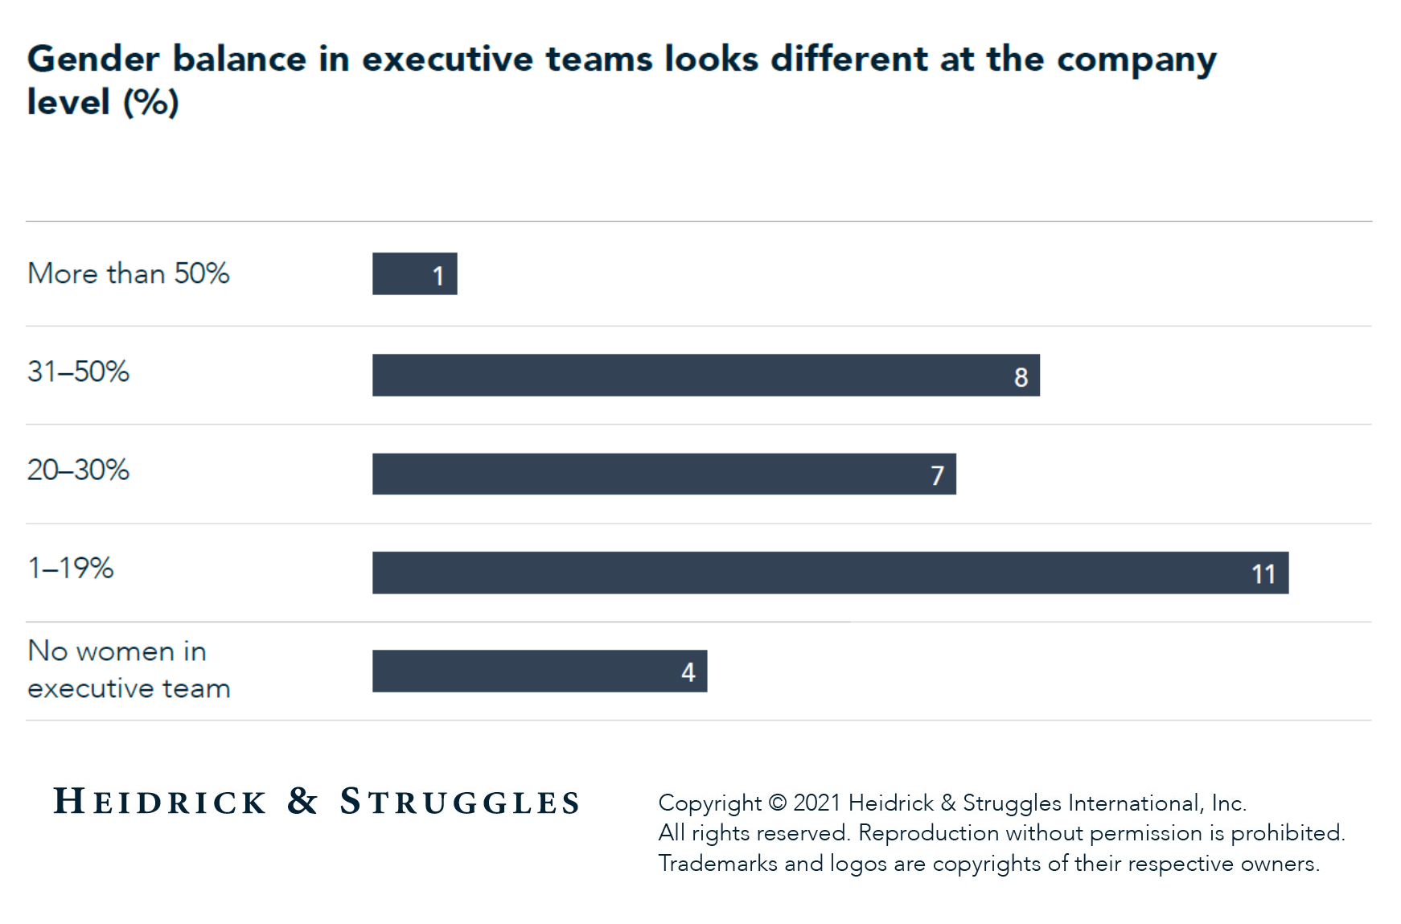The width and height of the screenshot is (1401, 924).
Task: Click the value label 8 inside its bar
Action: pos(1021,376)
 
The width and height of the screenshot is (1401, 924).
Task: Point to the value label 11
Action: pos(1263,574)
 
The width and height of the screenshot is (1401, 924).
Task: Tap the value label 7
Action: pos(937,475)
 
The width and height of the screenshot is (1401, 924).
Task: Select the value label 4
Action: pos(688,672)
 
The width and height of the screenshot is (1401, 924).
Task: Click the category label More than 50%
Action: pos(129,273)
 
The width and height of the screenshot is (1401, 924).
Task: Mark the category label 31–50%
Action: pos(78,372)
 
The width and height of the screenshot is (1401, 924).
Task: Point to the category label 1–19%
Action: pos(71,568)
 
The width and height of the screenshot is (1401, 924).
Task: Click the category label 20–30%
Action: pos(78,470)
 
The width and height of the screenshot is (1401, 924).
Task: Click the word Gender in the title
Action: pos(93,60)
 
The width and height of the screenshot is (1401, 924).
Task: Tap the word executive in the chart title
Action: pos(447,60)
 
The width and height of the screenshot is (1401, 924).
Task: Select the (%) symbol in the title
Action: pos(150,103)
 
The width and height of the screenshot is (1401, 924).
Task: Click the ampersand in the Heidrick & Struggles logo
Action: pos(302,801)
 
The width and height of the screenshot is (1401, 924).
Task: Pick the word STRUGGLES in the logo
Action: pos(459,802)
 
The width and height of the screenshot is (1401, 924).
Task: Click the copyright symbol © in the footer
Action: pos(777,803)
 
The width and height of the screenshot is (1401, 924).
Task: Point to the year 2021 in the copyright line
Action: pos(817,803)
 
